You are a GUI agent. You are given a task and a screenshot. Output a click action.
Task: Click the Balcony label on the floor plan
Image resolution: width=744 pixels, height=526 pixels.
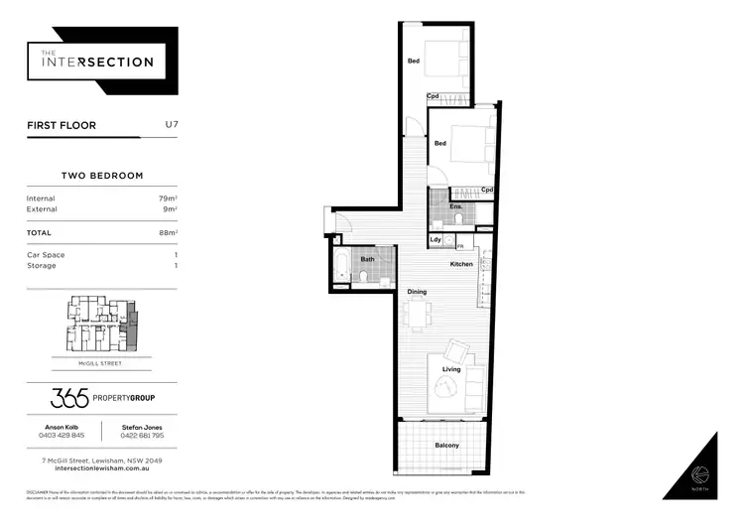click(446, 446)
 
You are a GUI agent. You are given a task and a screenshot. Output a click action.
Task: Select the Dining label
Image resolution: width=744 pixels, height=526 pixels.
click(417, 292)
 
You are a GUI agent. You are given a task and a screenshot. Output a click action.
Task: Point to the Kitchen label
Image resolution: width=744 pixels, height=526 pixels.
click(461, 264)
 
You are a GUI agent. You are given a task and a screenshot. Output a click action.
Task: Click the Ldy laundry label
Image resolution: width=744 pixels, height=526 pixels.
click(435, 239)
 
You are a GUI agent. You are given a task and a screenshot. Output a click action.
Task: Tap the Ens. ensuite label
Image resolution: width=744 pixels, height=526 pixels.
click(441, 206)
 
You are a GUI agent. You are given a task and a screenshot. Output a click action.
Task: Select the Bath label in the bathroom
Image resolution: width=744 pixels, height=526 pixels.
click(367, 260)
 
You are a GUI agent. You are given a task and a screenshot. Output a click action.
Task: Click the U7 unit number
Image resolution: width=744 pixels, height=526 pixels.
click(171, 126)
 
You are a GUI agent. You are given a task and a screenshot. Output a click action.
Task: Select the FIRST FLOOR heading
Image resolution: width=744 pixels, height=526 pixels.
click(62, 127)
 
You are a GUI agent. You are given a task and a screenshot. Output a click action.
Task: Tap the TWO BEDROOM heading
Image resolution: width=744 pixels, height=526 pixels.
click(102, 175)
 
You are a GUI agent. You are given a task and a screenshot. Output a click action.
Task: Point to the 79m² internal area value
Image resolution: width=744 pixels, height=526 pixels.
click(169, 198)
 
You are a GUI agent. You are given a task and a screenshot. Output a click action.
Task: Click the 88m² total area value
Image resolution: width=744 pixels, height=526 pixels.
click(169, 232)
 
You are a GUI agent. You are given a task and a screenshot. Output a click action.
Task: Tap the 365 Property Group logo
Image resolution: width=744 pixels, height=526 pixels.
click(102, 399)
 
